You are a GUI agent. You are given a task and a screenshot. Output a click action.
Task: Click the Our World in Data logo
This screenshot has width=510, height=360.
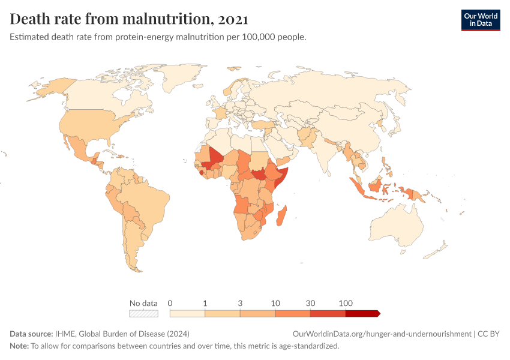coord(480,20)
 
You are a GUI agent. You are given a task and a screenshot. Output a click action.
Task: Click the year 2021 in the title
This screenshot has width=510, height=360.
coord(233,19)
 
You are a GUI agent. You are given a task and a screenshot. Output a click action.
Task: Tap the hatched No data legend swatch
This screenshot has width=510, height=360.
coord(143,313)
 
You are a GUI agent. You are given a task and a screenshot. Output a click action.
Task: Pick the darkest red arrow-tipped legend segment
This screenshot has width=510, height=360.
coord(362,313)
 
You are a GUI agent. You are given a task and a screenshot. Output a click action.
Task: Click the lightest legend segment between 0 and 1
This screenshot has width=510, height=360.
coord(187,313)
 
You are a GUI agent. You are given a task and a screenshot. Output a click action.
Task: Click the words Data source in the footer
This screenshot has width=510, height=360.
coord(31,334)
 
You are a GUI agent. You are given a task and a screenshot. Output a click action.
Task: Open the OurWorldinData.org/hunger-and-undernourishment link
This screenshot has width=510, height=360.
coord(381,334)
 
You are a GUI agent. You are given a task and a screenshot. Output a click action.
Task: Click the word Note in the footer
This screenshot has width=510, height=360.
coord(19,346)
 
